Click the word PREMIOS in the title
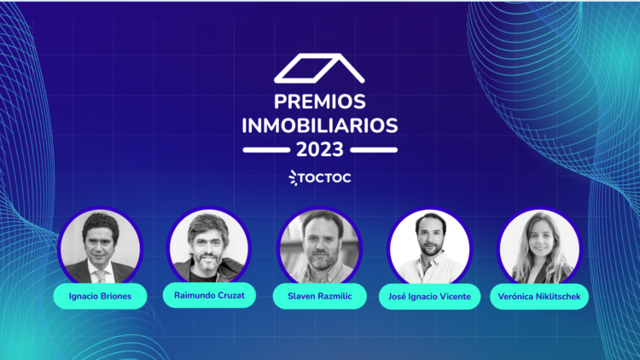pos(320,102)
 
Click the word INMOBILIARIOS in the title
pos(320,125)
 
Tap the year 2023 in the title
pos(320,149)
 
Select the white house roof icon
pos(319,68)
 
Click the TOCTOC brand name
pos(324,178)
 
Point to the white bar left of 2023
pos(266,150)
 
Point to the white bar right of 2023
pos(374,150)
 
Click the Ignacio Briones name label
pos(100,296)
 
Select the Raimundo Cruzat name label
pos(209,295)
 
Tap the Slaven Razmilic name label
pos(320,296)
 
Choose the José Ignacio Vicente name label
pos(429,296)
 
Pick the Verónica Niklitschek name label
pos(539,296)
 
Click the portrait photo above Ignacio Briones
pos(100,247)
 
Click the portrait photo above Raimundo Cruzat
pos(209,246)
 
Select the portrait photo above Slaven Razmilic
pos(320,247)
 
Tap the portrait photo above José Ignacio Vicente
pos(429,247)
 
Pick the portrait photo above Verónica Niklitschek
pos(539,247)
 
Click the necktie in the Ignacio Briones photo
pos(101,276)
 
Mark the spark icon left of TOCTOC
pos(293,178)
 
